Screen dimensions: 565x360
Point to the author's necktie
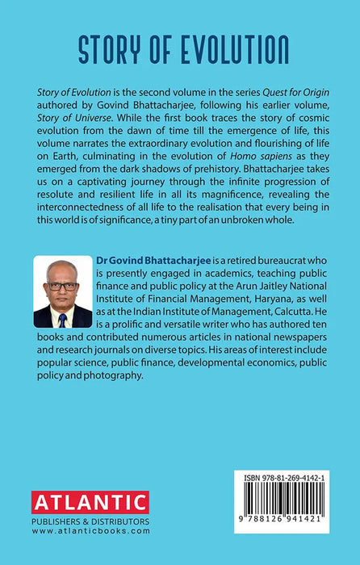point(62,318)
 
